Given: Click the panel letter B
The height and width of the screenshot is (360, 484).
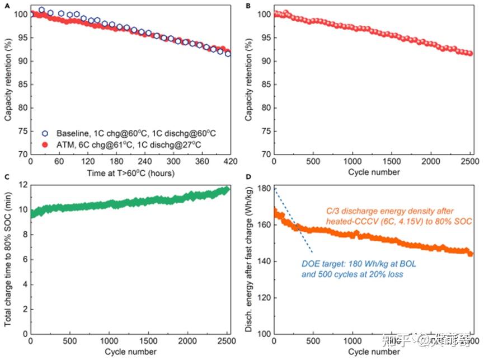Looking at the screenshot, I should [248, 4].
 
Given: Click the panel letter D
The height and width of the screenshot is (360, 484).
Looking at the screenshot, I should [248, 178].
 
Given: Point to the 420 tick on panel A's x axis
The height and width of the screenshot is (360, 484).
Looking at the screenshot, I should [228, 161].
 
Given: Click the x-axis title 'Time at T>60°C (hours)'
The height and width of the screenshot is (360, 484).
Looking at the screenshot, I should [129, 172].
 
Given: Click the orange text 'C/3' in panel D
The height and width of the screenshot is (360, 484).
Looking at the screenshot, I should [334, 212].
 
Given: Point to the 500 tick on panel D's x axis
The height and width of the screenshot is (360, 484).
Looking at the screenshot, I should [312, 341].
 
